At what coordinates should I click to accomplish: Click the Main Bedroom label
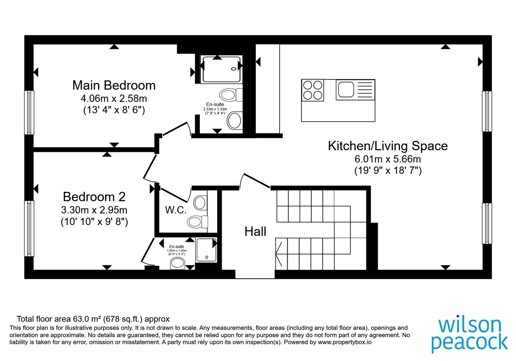pyautogui.click(x=114, y=85)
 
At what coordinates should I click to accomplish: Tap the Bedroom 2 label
pyautogui.click(x=94, y=197)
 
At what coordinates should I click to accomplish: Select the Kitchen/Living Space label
pyautogui.click(x=388, y=146)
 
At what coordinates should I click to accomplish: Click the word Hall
pyautogui.click(x=255, y=231)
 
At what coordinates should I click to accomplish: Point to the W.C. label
pyautogui.click(x=175, y=210)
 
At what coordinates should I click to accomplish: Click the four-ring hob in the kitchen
pyautogui.click(x=313, y=90)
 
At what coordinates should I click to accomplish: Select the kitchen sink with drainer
pyautogui.click(x=355, y=90)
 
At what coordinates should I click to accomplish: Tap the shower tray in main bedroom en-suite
pyautogui.click(x=221, y=69)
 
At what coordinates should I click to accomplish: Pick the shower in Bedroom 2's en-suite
pyautogui.click(x=206, y=250)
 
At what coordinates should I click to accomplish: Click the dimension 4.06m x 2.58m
pyautogui.click(x=114, y=99)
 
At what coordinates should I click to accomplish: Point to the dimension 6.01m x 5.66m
pyautogui.click(x=388, y=159)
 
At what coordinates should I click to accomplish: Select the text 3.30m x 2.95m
pyautogui.click(x=94, y=210)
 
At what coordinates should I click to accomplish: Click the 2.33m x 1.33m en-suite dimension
pyautogui.click(x=215, y=109)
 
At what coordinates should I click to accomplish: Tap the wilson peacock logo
pyautogui.click(x=470, y=336)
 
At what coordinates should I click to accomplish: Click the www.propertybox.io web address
pyautogui.click(x=345, y=342)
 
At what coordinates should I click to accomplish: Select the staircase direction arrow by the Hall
pyautogui.click(x=279, y=254)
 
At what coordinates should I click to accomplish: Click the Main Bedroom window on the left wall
pyautogui.click(x=29, y=112)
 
